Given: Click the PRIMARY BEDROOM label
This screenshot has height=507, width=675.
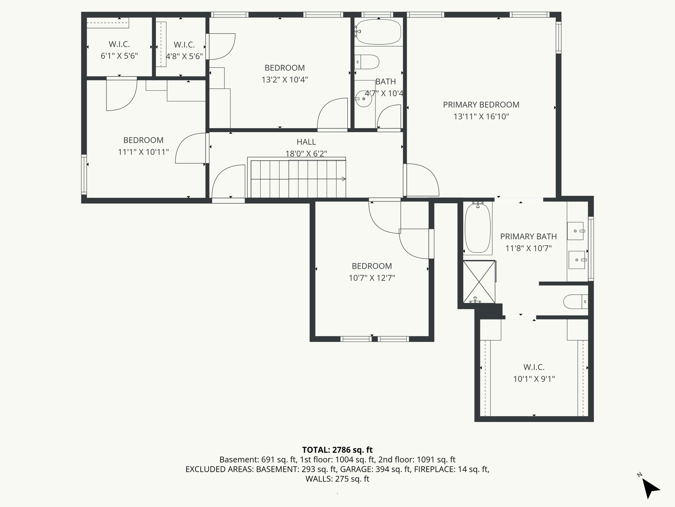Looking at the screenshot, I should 481,105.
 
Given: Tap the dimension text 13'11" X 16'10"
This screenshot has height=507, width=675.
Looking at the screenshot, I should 481,117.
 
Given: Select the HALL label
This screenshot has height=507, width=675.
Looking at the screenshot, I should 306,142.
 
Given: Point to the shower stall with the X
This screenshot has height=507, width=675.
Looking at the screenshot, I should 479,282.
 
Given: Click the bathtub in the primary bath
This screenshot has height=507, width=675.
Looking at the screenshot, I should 477,228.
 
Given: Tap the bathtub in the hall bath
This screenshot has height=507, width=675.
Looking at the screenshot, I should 379,32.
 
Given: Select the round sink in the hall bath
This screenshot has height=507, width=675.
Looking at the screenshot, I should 364,99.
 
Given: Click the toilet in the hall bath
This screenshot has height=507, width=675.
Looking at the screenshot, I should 368,62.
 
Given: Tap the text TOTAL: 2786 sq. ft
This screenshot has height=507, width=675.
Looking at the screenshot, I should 337,450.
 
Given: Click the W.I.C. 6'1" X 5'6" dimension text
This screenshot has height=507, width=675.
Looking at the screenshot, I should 119,56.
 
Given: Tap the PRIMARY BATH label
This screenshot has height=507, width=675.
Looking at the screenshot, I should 528,236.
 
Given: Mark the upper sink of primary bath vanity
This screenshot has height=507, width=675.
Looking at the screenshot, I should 575,231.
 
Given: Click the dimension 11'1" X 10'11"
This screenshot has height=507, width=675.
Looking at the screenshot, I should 143,152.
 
